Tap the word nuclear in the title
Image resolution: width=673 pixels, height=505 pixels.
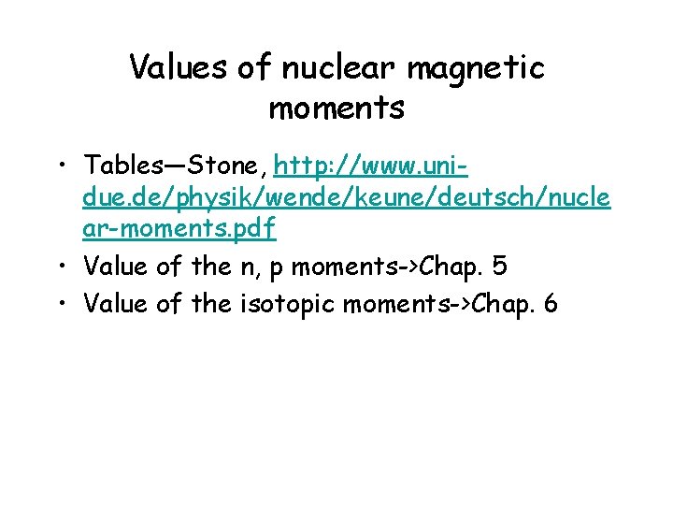pos(320,66)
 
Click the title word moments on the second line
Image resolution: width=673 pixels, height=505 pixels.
pos(336,108)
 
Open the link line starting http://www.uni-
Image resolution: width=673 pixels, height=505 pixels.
pos(371,166)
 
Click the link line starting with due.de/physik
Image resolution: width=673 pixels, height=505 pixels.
pos(347,198)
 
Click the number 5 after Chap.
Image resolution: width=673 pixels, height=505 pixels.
pos(499,267)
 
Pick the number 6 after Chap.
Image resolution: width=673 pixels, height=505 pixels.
pos(549,303)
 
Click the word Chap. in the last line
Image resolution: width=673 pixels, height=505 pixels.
pos(502,304)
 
